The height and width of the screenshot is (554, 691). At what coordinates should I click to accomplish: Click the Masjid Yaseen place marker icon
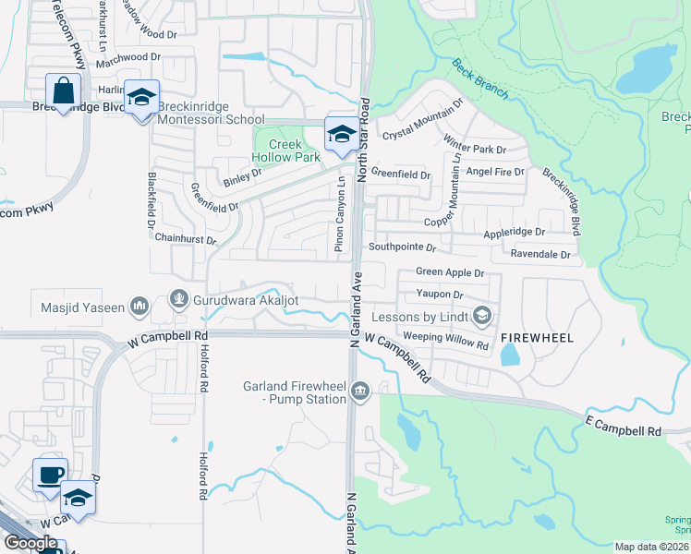tap(139, 304)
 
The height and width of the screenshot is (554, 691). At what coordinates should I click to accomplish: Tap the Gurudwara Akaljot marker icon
tap(178, 299)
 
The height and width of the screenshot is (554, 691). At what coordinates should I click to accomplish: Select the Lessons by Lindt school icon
tap(480, 317)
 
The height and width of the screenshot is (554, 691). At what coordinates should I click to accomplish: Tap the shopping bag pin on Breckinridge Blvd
tap(63, 92)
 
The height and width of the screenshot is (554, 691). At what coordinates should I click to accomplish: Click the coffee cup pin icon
tap(50, 475)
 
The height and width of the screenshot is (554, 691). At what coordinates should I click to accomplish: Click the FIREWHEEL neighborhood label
tap(537, 338)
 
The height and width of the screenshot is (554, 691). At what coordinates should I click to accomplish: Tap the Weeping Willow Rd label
tap(445, 340)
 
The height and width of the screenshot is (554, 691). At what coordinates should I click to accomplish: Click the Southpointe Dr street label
tap(402, 247)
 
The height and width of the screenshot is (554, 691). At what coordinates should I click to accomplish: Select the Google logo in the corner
tap(30, 543)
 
